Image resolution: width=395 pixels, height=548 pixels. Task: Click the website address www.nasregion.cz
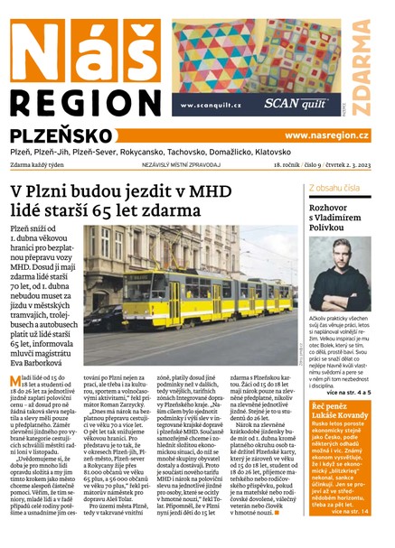[326, 135]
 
